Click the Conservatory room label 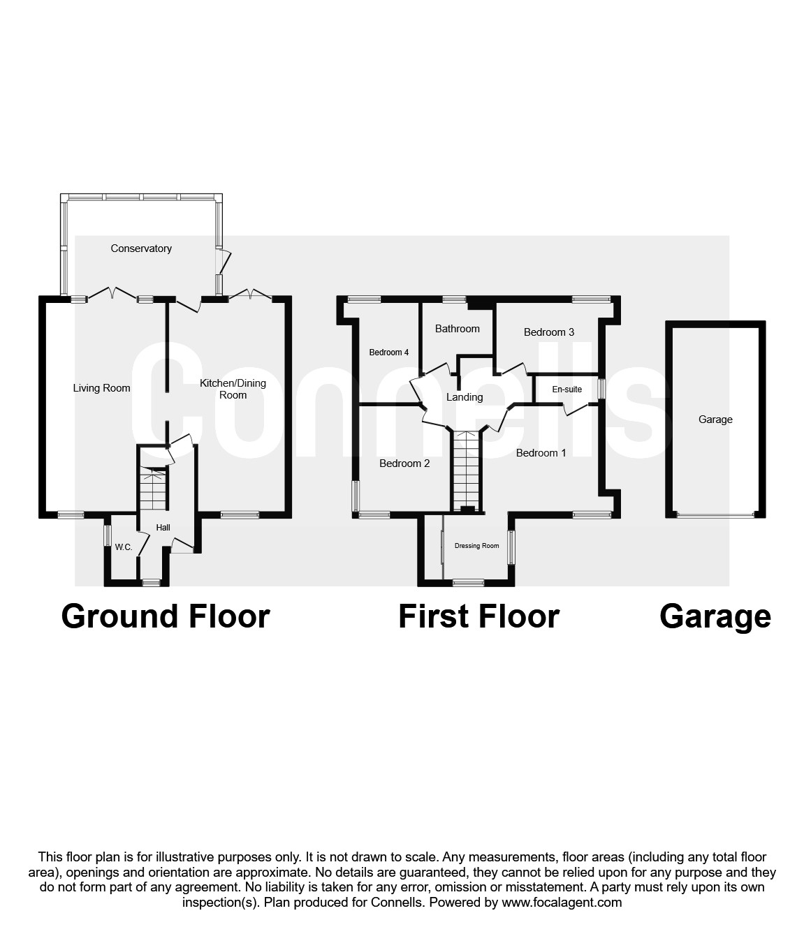pyautogui.click(x=141, y=249)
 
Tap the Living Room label pyautogui.click(x=102, y=388)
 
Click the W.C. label pyautogui.click(x=124, y=547)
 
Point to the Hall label pyautogui.click(x=163, y=528)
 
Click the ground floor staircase pyautogui.click(x=153, y=489)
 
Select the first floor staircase pyautogui.click(x=465, y=471)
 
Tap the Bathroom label pyautogui.click(x=458, y=329)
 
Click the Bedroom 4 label pyautogui.click(x=389, y=353)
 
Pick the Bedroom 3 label pyautogui.click(x=549, y=332)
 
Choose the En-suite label pyautogui.click(x=567, y=390)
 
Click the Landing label pyautogui.click(x=465, y=397)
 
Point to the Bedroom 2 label pyautogui.click(x=404, y=463)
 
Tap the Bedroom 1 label pyautogui.click(x=541, y=453)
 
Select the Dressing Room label pyautogui.click(x=476, y=546)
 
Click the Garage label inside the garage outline pyautogui.click(x=715, y=420)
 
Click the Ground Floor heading pyautogui.click(x=166, y=616)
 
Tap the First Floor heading pyautogui.click(x=478, y=616)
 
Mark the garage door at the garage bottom pyautogui.click(x=715, y=515)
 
